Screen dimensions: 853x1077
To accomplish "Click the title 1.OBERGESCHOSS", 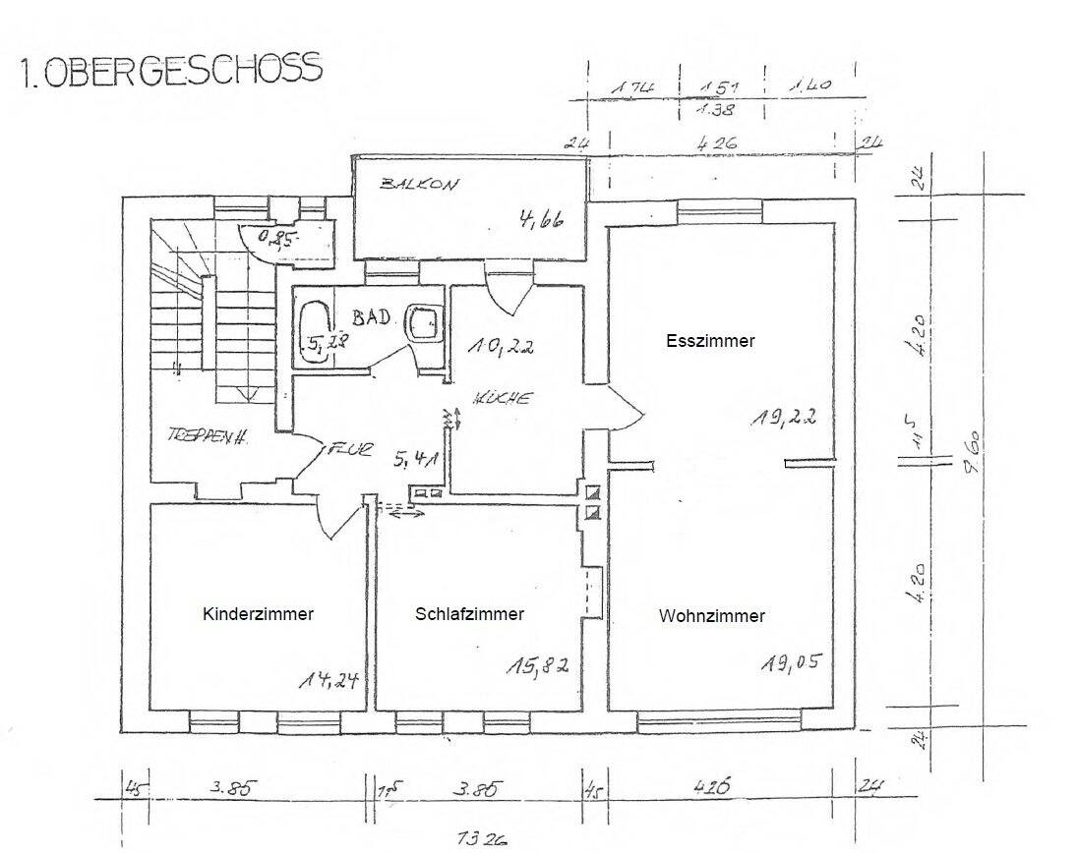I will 170,72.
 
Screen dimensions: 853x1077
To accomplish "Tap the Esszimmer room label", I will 709,341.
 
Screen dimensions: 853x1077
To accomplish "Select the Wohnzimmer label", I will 711,616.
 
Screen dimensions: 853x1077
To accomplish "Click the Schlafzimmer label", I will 469,614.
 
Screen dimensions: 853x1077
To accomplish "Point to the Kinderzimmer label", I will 258,614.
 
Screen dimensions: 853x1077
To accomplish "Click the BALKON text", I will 421,185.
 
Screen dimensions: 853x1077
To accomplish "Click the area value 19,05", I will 791,663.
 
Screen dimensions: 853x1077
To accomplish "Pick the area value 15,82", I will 537,667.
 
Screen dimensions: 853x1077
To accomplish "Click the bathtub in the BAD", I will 315,333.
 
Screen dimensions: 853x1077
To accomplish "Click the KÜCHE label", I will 502,399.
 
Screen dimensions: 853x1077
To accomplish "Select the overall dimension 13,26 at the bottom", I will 482,838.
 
